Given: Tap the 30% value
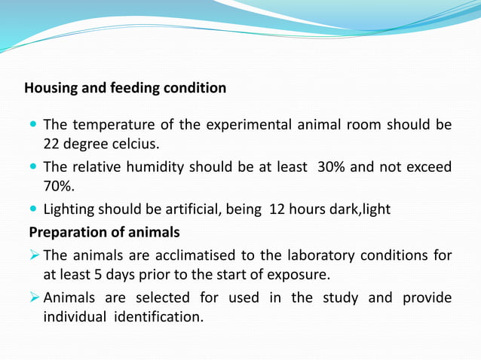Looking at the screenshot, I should [332, 166].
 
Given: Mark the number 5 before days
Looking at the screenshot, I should [98, 274].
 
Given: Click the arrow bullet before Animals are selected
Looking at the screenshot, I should [33, 297].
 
